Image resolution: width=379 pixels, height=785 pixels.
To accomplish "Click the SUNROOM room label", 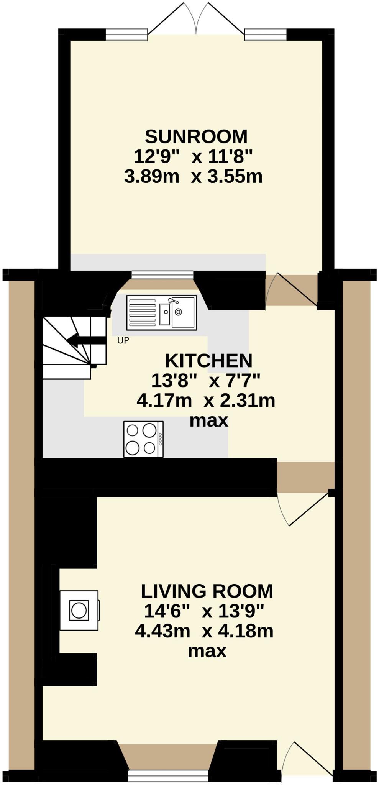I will coord(196,136).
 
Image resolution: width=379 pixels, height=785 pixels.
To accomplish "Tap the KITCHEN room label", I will coord(208,361).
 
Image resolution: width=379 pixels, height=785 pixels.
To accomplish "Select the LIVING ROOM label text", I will coord(207,591).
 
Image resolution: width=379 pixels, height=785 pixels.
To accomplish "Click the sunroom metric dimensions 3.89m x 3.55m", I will coord(194,177).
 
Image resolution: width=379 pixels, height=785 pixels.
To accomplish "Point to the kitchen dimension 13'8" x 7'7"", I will coord(206,381).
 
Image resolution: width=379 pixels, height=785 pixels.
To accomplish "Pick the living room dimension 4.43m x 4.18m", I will coord(204,631).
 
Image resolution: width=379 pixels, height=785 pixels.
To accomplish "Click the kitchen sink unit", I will coord(161,312).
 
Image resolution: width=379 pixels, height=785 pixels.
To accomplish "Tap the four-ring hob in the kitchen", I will coord(143,439).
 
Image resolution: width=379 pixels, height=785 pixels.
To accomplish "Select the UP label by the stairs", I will coord(123,340).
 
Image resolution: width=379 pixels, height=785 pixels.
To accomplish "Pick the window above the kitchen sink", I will coord(162,275).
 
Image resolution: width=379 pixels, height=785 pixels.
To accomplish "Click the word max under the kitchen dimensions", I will coord(209,421).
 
